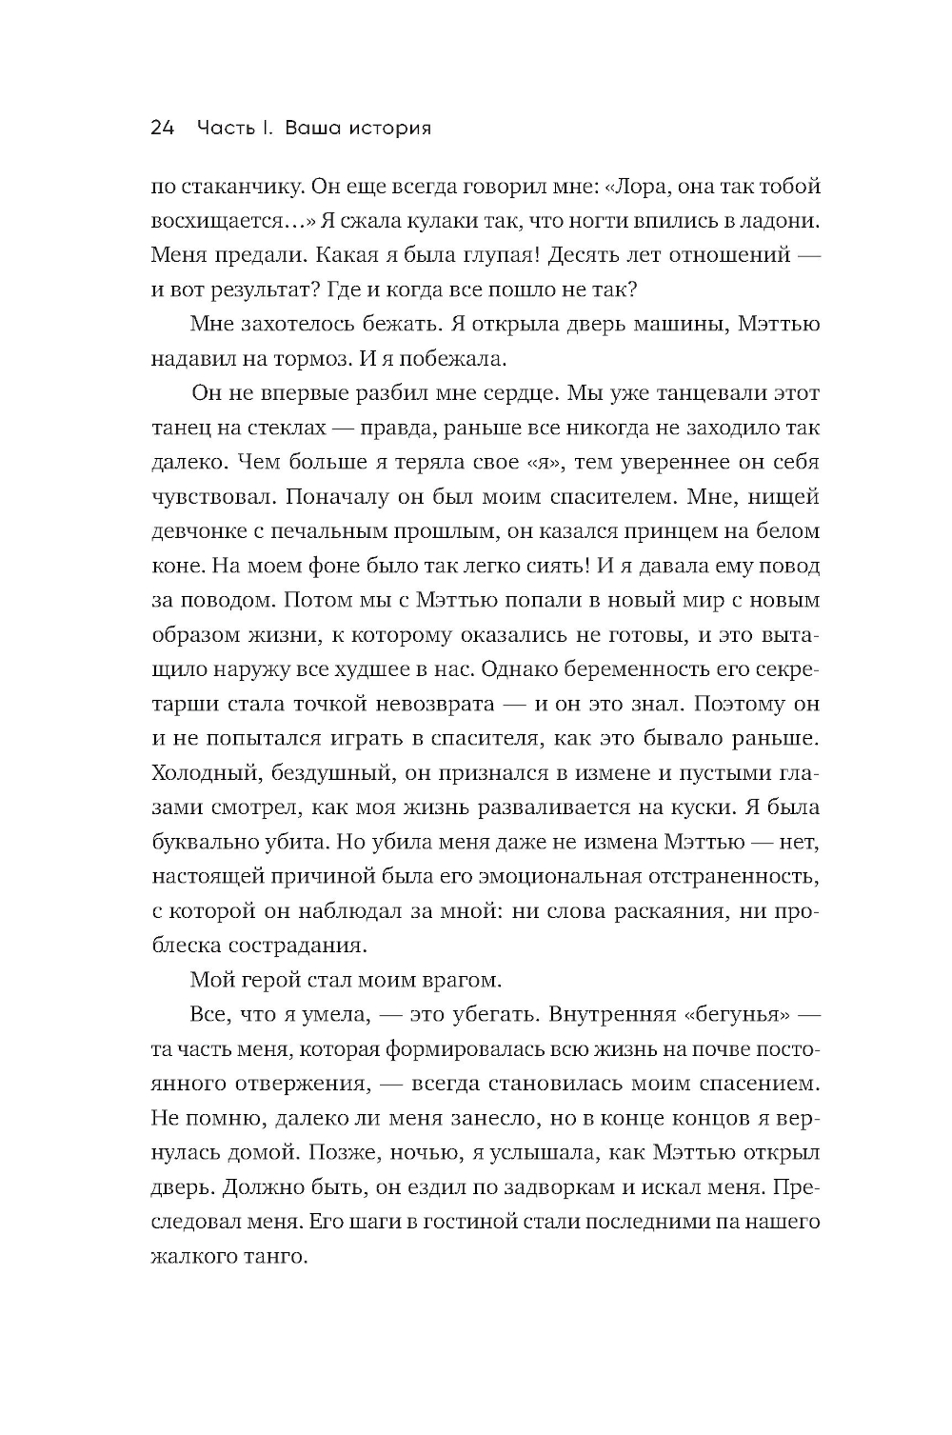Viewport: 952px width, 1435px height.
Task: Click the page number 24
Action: [x=163, y=128]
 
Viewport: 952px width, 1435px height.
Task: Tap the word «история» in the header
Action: [x=387, y=128]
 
